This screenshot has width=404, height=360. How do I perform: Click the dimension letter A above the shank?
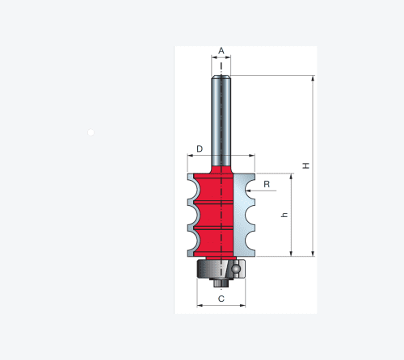(221, 51)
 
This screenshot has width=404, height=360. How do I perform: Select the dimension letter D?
(200, 149)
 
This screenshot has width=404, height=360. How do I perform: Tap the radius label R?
(267, 184)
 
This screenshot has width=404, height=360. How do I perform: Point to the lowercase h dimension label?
(284, 215)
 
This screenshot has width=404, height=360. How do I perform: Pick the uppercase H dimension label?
(306, 165)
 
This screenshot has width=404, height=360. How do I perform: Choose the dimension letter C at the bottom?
(221, 299)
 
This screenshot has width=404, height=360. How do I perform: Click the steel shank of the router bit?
(221, 121)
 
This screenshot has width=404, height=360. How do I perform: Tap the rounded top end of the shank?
(221, 77)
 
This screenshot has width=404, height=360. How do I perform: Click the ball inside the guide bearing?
(236, 269)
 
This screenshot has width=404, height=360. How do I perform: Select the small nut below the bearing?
(221, 283)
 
